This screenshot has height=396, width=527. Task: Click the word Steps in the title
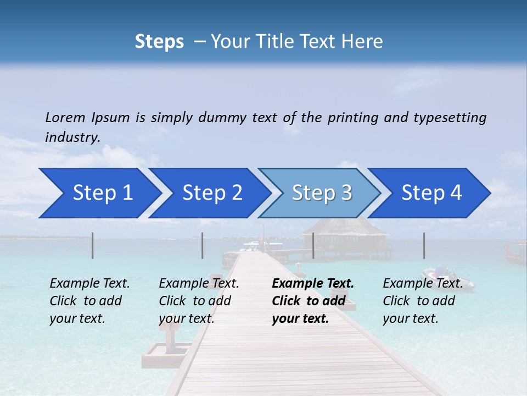coord(159,42)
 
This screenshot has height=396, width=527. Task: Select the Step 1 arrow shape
coord(99,193)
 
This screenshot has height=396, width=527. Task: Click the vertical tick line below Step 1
coord(93,245)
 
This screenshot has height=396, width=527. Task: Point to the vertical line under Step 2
coord(203,245)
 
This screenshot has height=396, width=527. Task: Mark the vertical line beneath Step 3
coord(313,245)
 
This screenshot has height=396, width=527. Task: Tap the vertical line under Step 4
coord(424,245)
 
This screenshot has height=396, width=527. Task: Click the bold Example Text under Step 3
coord(313,301)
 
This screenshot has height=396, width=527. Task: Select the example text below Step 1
coord(89,301)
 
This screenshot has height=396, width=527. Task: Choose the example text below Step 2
coord(199,301)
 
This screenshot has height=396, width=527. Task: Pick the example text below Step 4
coord(423,301)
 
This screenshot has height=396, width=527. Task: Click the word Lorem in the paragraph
coord(65,117)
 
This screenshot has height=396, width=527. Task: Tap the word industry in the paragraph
coord(71,137)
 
